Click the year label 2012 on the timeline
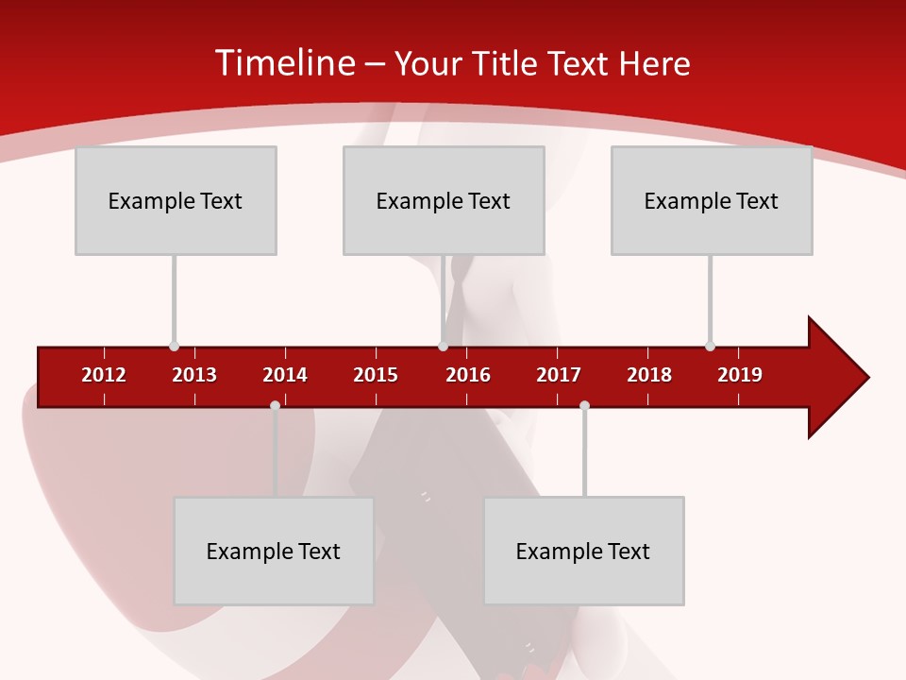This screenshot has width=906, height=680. (x=104, y=375)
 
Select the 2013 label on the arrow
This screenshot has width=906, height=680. (x=194, y=375)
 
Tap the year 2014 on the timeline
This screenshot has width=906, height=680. (x=285, y=375)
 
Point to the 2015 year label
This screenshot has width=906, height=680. (x=376, y=375)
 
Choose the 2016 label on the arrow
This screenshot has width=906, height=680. (x=468, y=375)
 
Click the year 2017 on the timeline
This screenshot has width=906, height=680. (x=559, y=375)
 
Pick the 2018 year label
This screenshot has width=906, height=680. (x=649, y=375)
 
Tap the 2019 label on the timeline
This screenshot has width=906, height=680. (x=740, y=375)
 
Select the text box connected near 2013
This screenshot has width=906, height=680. (x=176, y=200)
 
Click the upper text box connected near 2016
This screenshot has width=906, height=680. (x=444, y=200)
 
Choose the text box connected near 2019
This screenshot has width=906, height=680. (x=712, y=200)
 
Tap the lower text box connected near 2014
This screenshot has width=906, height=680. (x=274, y=551)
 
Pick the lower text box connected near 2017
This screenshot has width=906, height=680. (x=583, y=551)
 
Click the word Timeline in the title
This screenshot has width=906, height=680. (x=283, y=63)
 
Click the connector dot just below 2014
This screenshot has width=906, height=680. (x=275, y=406)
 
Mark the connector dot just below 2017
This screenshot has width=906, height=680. (x=584, y=406)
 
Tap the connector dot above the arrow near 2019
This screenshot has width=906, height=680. (x=710, y=346)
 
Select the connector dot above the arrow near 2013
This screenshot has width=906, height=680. (x=174, y=346)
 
